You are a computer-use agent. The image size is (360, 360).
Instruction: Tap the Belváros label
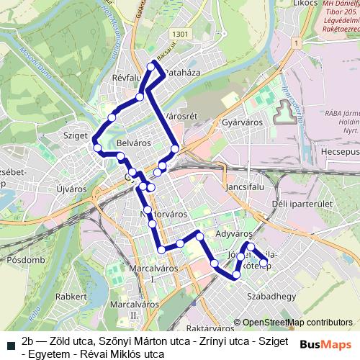point(133,143)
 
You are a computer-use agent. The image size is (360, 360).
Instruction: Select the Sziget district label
point(75,135)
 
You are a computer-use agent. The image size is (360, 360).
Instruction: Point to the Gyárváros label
point(240,122)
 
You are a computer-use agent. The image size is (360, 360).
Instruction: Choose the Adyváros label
point(233,234)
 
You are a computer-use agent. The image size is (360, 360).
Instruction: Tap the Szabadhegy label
point(266,295)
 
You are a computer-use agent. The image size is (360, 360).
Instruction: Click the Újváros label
point(71,189)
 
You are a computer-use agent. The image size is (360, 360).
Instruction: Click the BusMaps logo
point(325,344)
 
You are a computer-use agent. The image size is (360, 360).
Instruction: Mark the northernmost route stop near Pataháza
point(151,66)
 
